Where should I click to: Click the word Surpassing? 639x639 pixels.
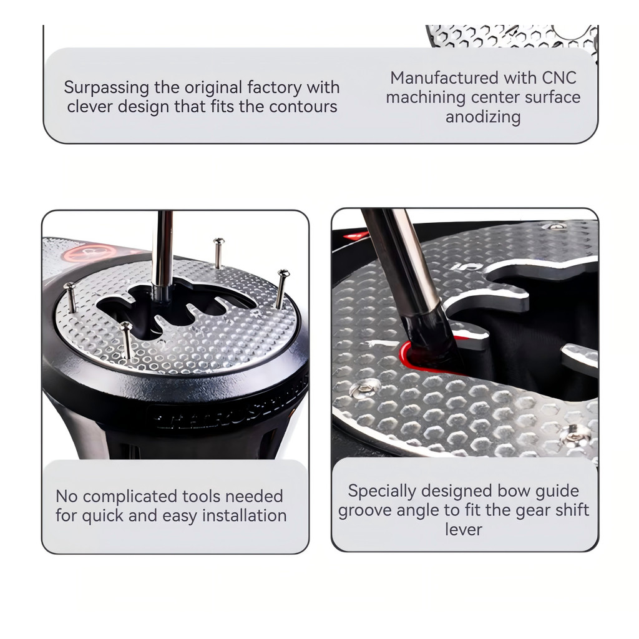(106, 88)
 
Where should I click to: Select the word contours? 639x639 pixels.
(303, 107)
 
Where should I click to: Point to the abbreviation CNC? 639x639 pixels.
(559, 78)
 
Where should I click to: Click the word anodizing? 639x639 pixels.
(483, 117)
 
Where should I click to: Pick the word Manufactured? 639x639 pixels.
(444, 78)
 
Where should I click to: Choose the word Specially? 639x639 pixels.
(382, 492)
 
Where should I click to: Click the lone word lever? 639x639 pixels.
(464, 529)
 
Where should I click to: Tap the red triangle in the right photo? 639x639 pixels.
(356, 235)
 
